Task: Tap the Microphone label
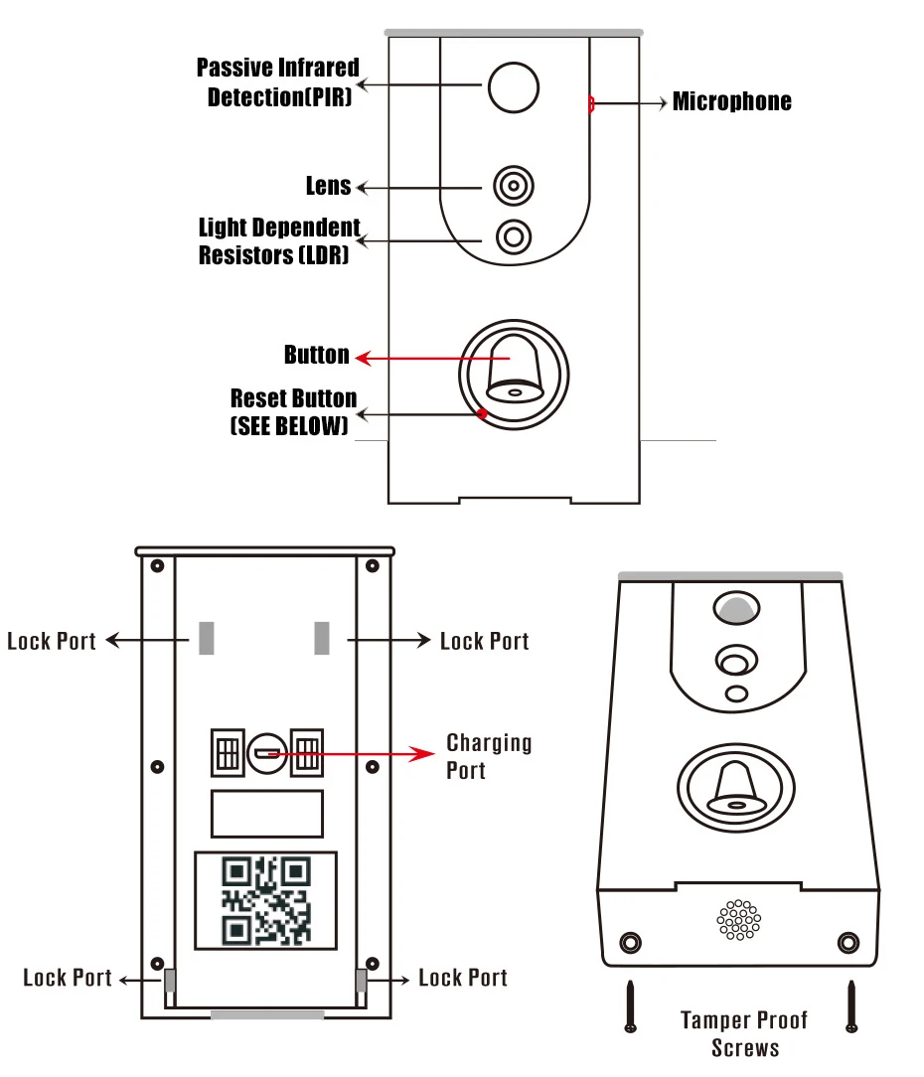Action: pyautogui.click(x=731, y=101)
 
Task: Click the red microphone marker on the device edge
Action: pyautogui.click(x=591, y=103)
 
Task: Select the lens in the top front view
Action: pyautogui.click(x=514, y=186)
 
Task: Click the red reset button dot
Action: pyautogui.click(x=482, y=413)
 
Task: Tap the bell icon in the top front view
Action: pyautogui.click(x=515, y=370)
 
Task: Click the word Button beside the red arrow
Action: pyautogui.click(x=317, y=355)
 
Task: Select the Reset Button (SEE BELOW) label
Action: pyautogui.click(x=293, y=412)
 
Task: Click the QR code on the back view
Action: pyautogui.click(x=266, y=900)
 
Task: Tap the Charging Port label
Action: pyautogui.click(x=489, y=756)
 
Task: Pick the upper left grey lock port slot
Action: pyautogui.click(x=206, y=638)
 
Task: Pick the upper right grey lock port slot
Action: pyautogui.click(x=322, y=638)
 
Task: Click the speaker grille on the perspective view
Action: pyautogui.click(x=738, y=920)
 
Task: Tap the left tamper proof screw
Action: pyautogui.click(x=630, y=1006)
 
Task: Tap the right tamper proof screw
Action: pyautogui.click(x=851, y=1006)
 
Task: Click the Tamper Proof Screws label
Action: pyautogui.click(x=745, y=1034)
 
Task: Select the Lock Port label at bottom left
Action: pyautogui.click(x=68, y=978)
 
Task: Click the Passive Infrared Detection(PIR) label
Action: pyautogui.click(x=277, y=82)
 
